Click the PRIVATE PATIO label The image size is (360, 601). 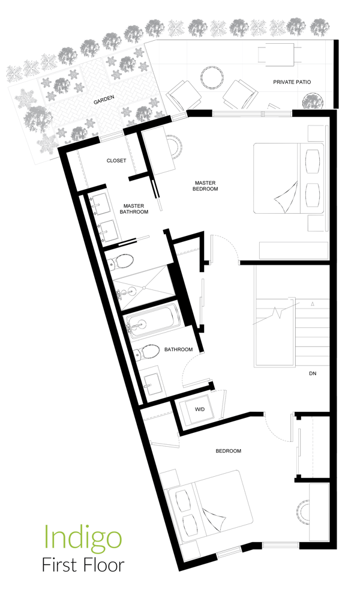point(292,82)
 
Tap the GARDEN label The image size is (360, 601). point(104,102)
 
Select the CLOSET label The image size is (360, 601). point(116,161)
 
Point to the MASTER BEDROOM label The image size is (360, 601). point(205,186)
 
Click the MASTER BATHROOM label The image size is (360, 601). point(134,208)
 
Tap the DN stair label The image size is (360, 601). point(312,373)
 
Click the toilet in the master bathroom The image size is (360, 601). point(122,261)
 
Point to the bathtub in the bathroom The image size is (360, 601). point(152,325)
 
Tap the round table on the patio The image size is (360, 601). point(212,77)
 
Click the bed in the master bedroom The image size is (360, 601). point(289,178)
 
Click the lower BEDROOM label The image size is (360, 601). point(228,451)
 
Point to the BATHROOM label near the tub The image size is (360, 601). point(178,349)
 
